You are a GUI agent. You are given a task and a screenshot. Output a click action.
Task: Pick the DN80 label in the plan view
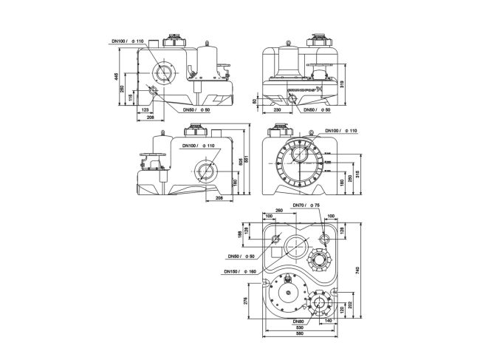(298, 322)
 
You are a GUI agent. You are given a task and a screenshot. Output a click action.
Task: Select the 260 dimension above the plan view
(278, 211)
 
